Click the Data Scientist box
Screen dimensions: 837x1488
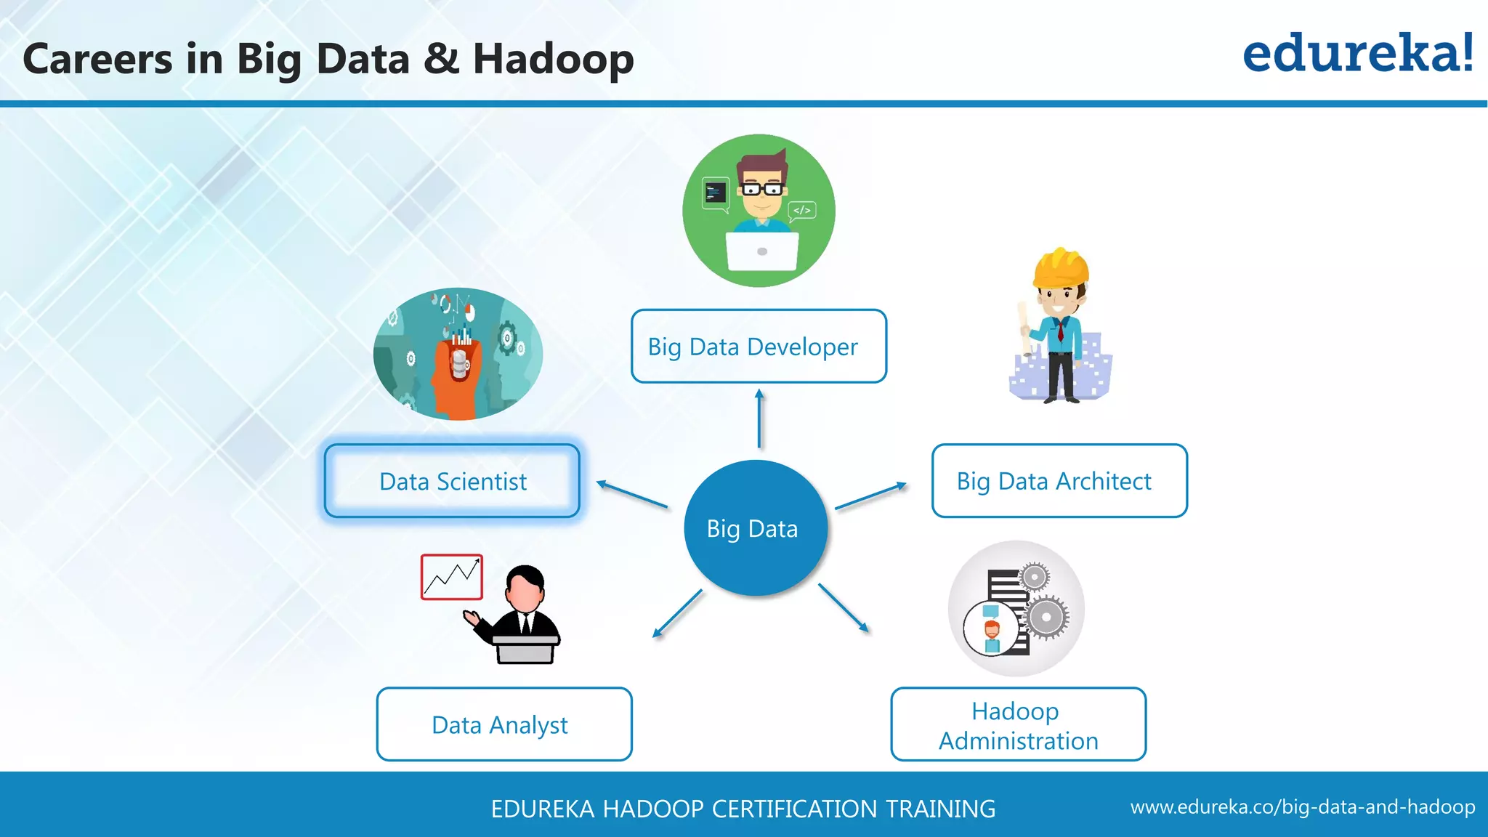(452, 481)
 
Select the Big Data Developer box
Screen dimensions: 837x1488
(759, 347)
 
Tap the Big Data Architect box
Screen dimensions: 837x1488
(1059, 481)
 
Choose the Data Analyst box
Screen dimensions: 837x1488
(504, 724)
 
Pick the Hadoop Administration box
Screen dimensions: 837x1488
(1018, 724)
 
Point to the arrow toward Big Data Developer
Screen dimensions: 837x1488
(759, 418)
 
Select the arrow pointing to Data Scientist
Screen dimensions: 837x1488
(631, 494)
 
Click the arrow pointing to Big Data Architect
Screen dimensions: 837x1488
(871, 496)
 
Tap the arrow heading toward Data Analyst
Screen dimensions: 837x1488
(677, 614)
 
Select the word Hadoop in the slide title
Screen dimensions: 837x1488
(554, 60)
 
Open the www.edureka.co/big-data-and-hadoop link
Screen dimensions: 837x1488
(1302, 807)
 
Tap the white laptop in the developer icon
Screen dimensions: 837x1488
(761, 251)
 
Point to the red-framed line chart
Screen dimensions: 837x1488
(451, 577)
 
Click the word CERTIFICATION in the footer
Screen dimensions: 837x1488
(794, 809)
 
